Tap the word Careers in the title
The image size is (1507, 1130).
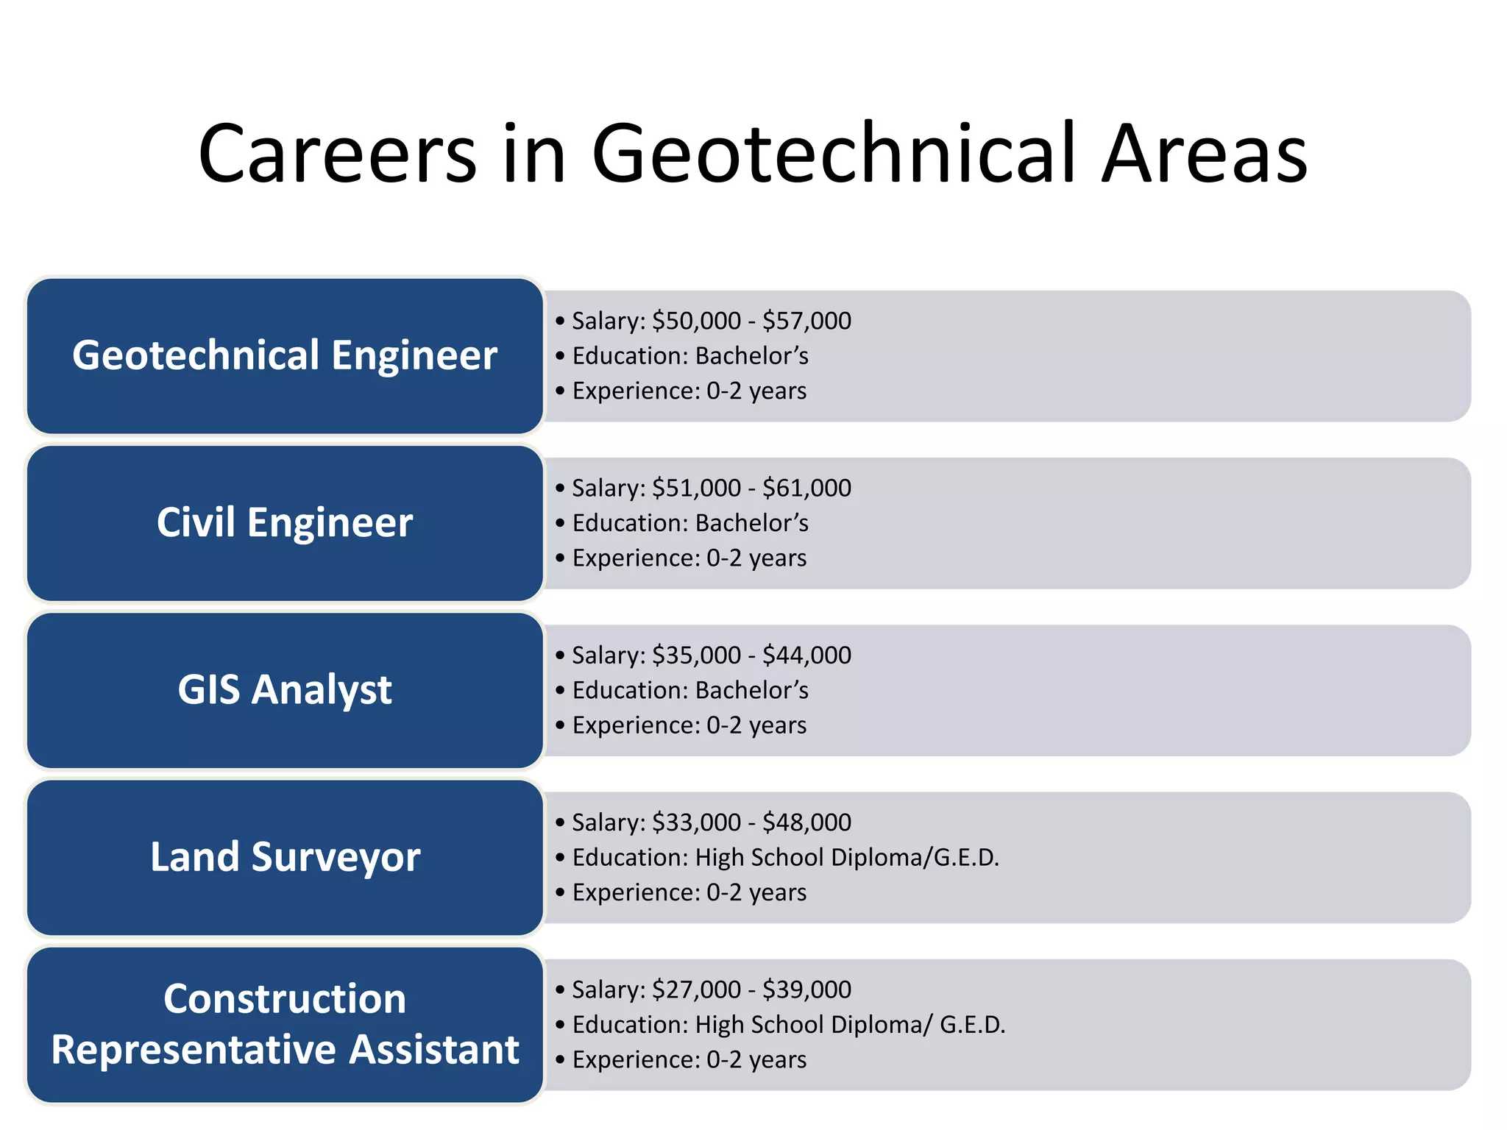pyautogui.click(x=338, y=154)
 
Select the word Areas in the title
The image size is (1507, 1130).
pyautogui.click(x=1204, y=154)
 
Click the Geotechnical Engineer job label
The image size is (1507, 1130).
pyautogui.click(x=285, y=355)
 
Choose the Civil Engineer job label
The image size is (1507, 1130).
pyautogui.click(x=285, y=522)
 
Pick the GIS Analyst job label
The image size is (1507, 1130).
pyautogui.click(x=285, y=690)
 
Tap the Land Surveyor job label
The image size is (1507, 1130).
pyautogui.click(x=285, y=857)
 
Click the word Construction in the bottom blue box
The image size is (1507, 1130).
pyautogui.click(x=285, y=999)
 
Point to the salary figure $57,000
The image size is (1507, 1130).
pyautogui.click(x=806, y=321)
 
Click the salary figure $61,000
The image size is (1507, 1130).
pyautogui.click(x=806, y=488)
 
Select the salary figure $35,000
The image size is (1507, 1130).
pyautogui.click(x=696, y=655)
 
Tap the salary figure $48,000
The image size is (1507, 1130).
pyautogui.click(x=806, y=822)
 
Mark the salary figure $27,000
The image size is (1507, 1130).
pyautogui.click(x=696, y=989)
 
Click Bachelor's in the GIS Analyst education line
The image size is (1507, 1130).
pyautogui.click(x=751, y=690)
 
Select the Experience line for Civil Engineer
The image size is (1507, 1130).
pyautogui.click(x=689, y=558)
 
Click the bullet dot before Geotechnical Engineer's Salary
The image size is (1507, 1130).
pyautogui.click(x=560, y=321)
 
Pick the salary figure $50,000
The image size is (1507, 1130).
pyautogui.click(x=696, y=321)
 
